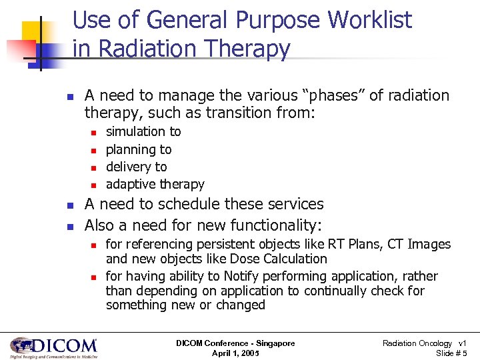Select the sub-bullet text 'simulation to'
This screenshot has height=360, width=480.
[143, 132]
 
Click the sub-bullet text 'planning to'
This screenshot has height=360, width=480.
[139, 149]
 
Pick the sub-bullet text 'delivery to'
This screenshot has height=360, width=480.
[137, 167]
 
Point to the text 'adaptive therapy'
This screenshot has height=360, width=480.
[155, 184]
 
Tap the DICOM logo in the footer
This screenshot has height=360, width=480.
[53, 347]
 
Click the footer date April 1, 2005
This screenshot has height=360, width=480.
[235, 353]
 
